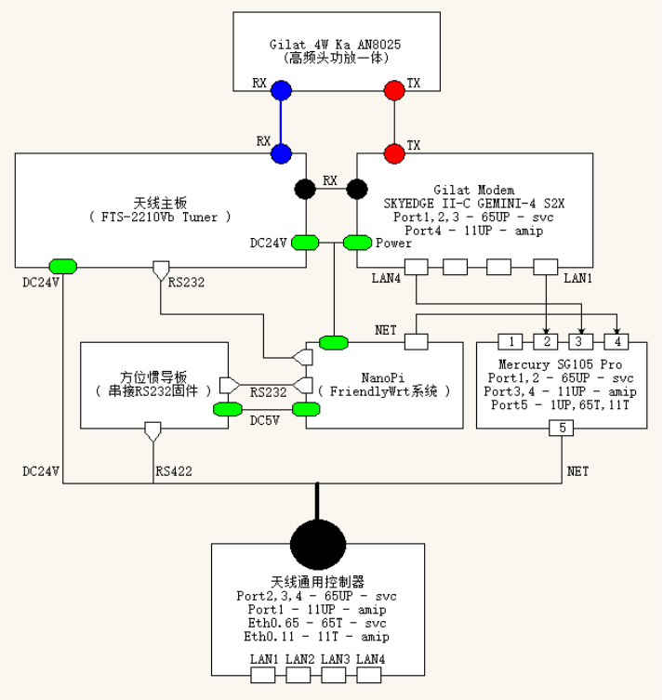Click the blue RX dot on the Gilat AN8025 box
(281, 90)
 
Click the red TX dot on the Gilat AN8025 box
(395, 90)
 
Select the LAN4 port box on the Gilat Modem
(415, 268)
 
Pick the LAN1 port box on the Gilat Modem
(545, 268)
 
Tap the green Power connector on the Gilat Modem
(358, 243)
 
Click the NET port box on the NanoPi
(415, 342)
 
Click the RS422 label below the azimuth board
(172, 472)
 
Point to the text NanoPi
(383, 376)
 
